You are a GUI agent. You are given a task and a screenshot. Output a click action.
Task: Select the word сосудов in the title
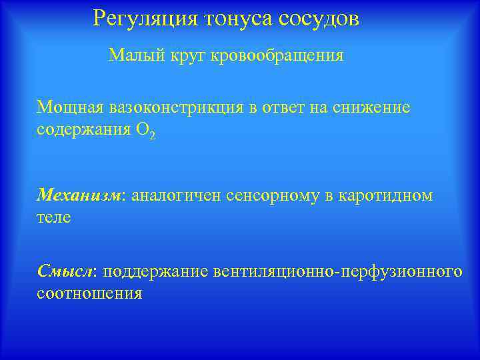tap(319, 19)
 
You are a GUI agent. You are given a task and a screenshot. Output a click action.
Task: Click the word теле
tap(53, 217)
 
